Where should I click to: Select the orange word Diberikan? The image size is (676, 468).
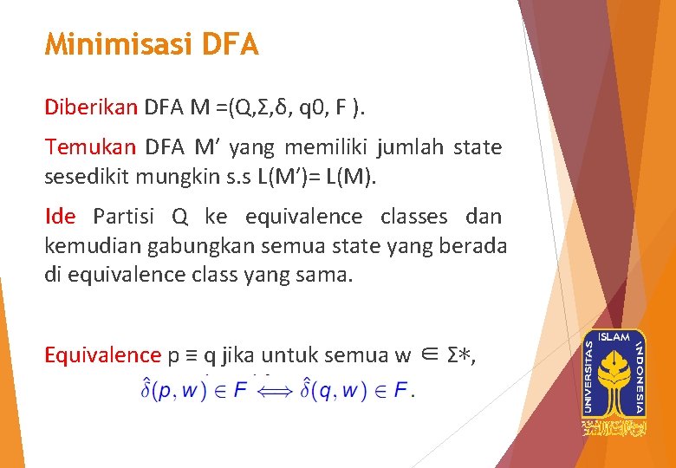(91, 107)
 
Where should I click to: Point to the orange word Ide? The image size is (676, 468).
(60, 216)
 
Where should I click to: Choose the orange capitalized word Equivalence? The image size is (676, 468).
(102, 354)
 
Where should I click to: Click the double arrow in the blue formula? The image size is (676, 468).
(278, 392)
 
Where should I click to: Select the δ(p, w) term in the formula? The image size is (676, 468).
(174, 391)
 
